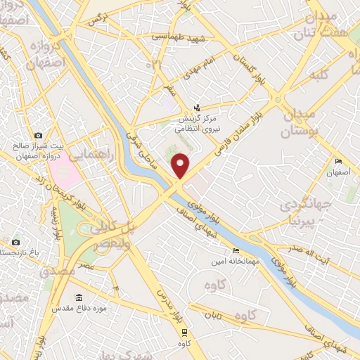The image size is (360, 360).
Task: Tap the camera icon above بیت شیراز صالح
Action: coord(38,135)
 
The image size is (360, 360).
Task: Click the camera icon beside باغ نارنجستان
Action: coord(16,242)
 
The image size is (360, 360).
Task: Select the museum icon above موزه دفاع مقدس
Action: coord(79,297)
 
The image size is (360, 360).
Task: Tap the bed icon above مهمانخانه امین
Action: coord(235,251)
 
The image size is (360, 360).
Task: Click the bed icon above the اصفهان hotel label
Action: coord(338,162)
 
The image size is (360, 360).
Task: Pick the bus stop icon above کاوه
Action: coord(184,333)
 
